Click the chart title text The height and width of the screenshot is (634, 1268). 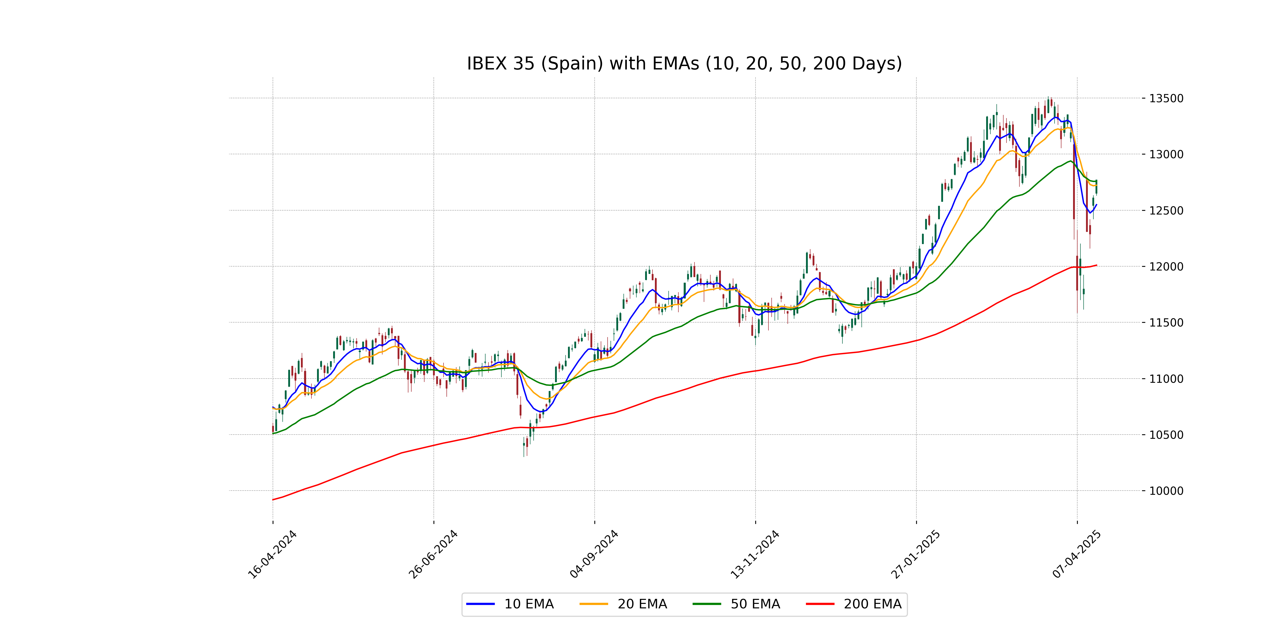click(684, 63)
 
